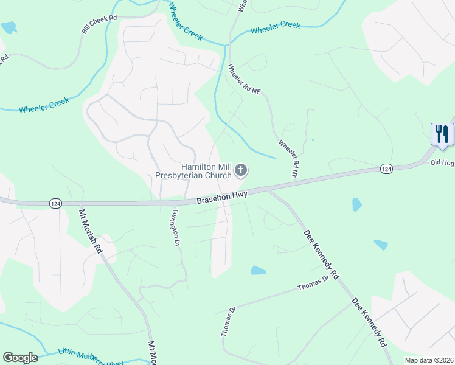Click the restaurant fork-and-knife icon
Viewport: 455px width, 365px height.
click(442, 133)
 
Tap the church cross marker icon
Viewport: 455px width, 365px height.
click(241, 170)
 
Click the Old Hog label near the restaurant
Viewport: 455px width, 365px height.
click(442, 162)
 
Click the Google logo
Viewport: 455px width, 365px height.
click(20, 358)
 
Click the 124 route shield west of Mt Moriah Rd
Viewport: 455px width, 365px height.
click(54, 202)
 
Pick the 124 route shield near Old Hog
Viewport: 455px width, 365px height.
click(386, 167)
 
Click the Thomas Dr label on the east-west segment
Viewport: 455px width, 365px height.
click(313, 283)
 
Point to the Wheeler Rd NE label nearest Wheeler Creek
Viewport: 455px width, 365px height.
click(244, 79)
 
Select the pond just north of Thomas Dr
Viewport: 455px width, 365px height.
click(258, 270)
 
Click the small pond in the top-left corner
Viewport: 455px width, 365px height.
click(9, 27)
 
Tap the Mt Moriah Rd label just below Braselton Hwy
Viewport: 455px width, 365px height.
click(91, 231)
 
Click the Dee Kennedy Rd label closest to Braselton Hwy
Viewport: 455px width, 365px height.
click(321, 252)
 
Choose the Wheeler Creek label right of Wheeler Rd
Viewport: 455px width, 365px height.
click(275, 27)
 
